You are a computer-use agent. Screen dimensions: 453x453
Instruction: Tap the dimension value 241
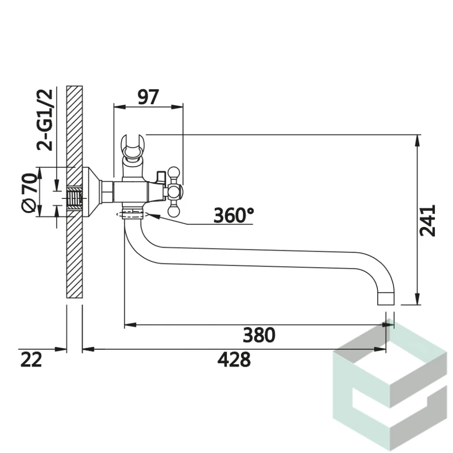coord(427,221)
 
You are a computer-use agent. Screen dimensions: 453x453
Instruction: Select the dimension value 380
coord(259,335)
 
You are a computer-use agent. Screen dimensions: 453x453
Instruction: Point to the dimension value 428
coord(234,360)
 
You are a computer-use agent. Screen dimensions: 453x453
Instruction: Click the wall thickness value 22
coord(31,360)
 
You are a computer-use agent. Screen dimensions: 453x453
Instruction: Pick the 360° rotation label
coord(234,215)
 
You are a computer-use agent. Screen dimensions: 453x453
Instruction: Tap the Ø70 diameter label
coord(29,193)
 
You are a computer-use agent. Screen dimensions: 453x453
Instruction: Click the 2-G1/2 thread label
coord(45,120)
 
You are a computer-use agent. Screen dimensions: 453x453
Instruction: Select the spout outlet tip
coord(386,299)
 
